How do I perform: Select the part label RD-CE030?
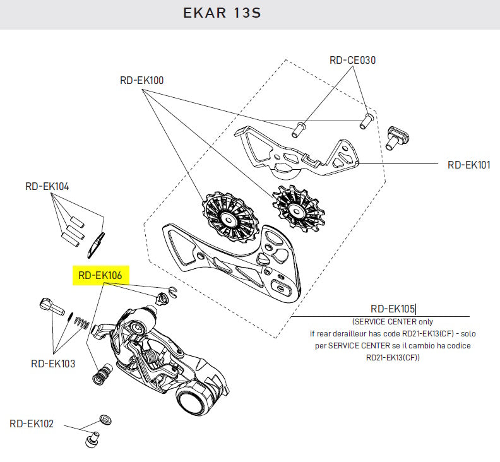tap(353, 61)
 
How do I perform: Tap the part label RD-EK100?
tap(142, 81)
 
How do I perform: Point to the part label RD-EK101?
tap(468, 165)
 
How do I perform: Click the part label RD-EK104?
tap(47, 187)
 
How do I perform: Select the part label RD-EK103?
tap(52, 364)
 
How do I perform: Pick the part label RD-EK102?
tap(32, 423)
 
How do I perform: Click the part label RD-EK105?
tap(392, 309)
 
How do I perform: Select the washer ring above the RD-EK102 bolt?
tap(106, 419)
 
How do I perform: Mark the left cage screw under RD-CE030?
tap(299, 128)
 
